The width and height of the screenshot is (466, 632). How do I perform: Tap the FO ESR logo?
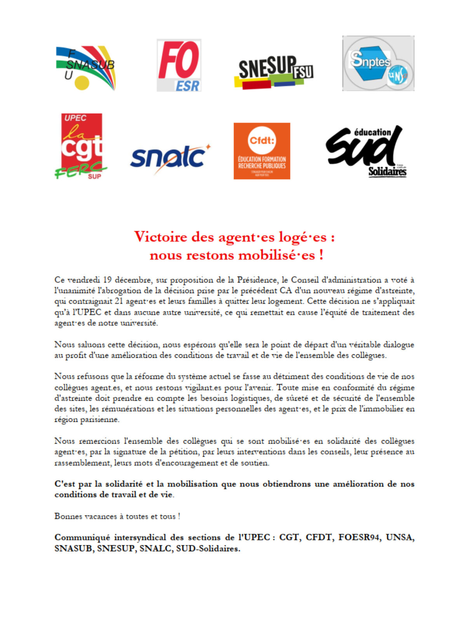click(x=179, y=65)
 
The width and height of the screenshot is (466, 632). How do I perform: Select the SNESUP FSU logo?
click(x=274, y=72)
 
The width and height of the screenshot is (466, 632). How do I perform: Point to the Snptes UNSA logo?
click(x=378, y=63)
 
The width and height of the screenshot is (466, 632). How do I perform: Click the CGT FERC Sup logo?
click(x=81, y=146)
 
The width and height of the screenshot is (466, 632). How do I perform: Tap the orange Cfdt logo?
click(x=262, y=151)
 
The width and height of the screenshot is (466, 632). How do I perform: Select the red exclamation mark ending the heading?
click(x=321, y=255)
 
